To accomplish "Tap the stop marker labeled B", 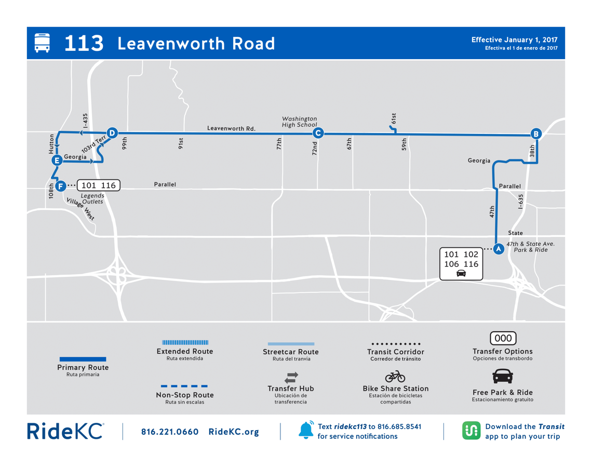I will [x=536, y=133].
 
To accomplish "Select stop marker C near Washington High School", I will [x=318, y=133].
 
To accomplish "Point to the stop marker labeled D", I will [x=111, y=132].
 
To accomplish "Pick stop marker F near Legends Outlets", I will [x=60, y=185].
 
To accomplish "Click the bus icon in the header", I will [x=42, y=43].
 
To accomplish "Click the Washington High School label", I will [x=299, y=122].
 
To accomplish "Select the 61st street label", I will [x=394, y=118].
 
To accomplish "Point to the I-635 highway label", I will [x=520, y=201].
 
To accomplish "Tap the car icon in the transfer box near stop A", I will [x=461, y=274].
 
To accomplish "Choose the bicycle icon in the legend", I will [x=395, y=376].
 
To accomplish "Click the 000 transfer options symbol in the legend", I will [x=503, y=339].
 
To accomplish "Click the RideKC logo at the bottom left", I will [x=65, y=431].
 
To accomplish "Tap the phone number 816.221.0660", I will [x=170, y=432].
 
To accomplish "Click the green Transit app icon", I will [x=471, y=431].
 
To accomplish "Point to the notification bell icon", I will [x=306, y=430].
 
